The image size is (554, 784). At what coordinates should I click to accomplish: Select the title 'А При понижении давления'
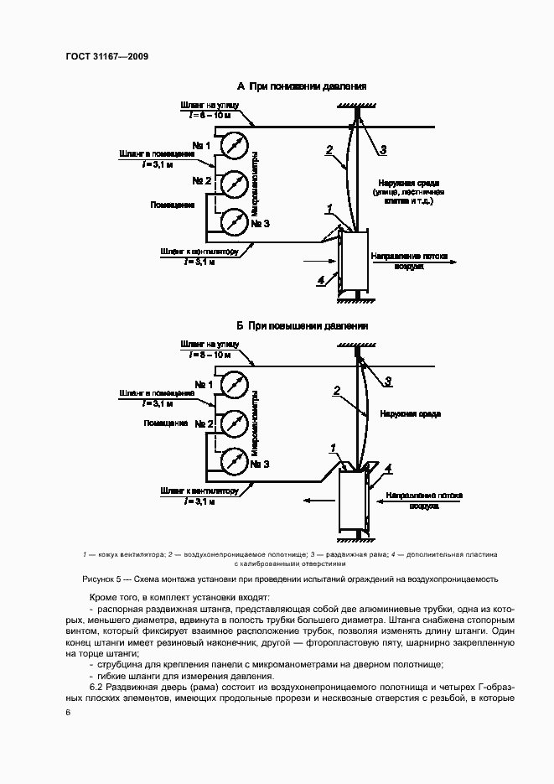click(x=302, y=86)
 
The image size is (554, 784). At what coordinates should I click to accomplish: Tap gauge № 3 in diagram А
click(x=234, y=221)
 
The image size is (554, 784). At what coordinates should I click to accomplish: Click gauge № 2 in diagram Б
click(x=234, y=422)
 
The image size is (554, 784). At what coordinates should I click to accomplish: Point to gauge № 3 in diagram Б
click(x=234, y=460)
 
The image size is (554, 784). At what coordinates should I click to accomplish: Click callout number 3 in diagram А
click(x=381, y=150)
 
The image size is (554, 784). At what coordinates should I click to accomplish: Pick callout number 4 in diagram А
click(x=321, y=282)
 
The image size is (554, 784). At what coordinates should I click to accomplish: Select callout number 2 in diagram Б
click(x=336, y=389)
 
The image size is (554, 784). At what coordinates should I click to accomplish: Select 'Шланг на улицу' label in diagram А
click(x=209, y=105)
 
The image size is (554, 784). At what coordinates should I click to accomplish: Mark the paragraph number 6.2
click(x=96, y=686)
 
